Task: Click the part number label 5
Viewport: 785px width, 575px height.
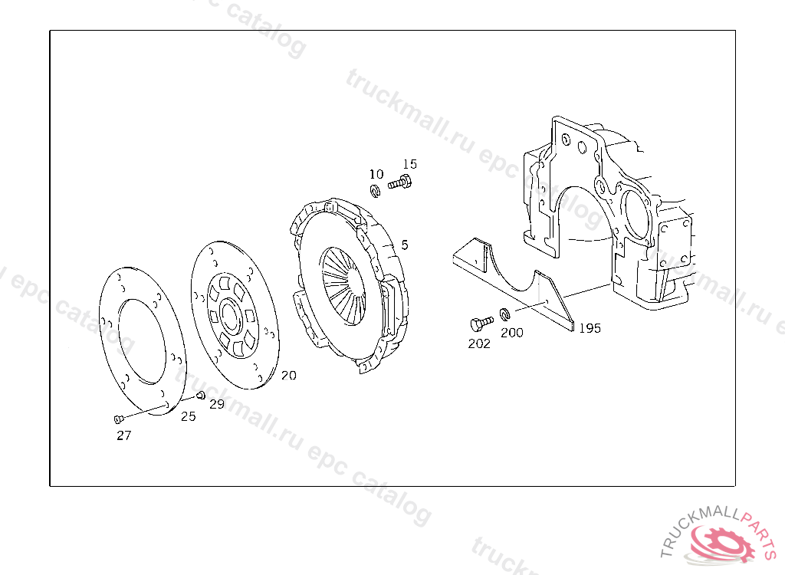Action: pos(405,245)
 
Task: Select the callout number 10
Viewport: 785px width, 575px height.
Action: pos(376,174)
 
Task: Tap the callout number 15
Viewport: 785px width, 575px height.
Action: pos(409,164)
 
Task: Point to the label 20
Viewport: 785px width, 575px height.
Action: pos(288,375)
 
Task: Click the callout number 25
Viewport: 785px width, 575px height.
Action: pos(189,416)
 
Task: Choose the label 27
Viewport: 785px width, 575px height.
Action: pos(123,435)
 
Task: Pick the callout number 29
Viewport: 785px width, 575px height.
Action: pos(217,404)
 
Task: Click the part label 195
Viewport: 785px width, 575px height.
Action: pos(590,328)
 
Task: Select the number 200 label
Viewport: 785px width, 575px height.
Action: pos(511,333)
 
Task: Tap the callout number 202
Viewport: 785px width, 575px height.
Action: pos(479,343)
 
